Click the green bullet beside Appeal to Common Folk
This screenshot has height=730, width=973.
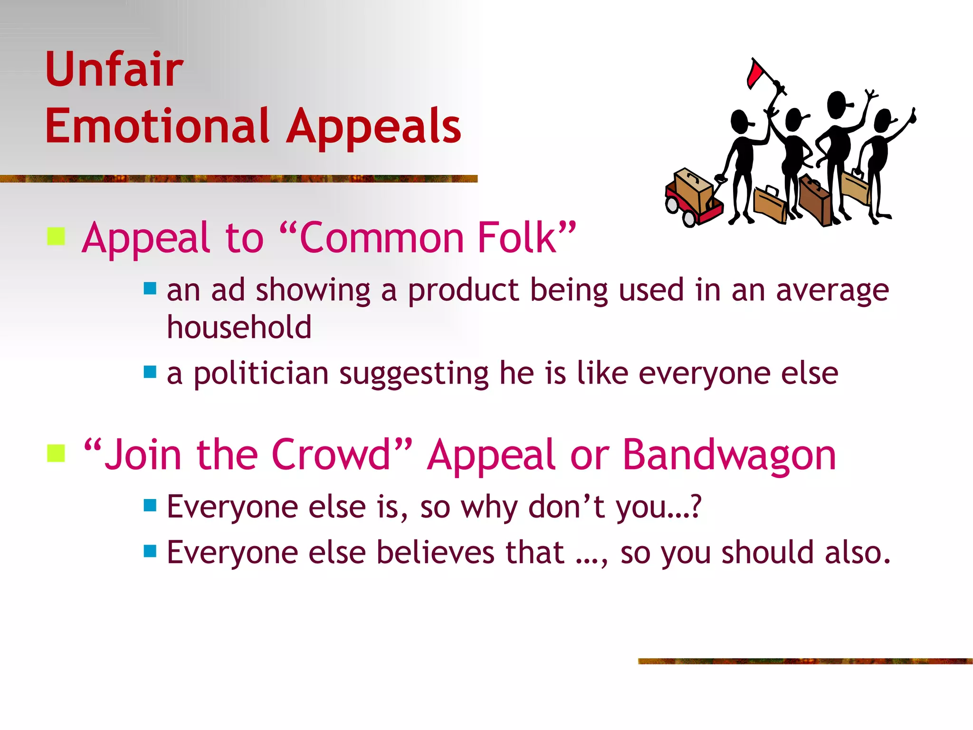tap(56, 236)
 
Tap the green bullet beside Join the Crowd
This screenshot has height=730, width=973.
tap(56, 453)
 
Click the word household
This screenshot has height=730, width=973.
tap(239, 327)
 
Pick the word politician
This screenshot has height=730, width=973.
tap(261, 374)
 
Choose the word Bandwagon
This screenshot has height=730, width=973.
tap(729, 455)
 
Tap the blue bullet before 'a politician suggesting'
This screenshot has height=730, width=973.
tap(150, 372)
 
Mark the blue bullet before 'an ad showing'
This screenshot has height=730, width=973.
tap(150, 288)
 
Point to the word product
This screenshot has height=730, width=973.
tap(463, 290)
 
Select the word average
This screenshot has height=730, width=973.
tap(832, 291)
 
